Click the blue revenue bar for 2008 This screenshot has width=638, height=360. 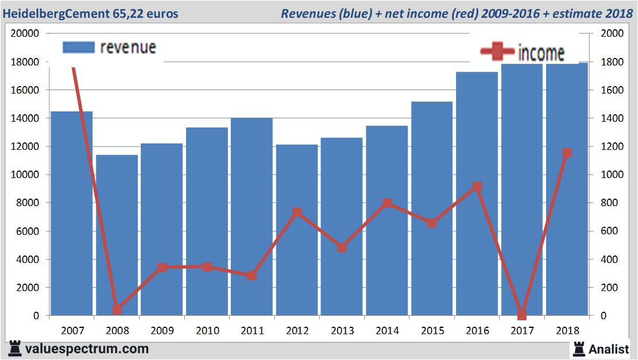(117, 235)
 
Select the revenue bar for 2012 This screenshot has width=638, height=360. (297, 230)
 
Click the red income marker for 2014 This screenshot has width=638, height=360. (387, 203)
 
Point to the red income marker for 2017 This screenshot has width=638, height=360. (521, 315)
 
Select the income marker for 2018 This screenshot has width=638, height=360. (567, 153)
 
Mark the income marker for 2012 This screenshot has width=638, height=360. (297, 212)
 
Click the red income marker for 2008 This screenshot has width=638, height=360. (117, 309)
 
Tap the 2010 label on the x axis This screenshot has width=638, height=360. (207, 331)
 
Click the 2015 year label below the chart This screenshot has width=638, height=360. (432, 331)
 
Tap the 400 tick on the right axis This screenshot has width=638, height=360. (610, 260)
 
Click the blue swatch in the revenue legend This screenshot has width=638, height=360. (78, 48)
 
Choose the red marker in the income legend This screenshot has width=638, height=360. (497, 52)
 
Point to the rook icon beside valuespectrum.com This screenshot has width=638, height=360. (16, 348)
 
